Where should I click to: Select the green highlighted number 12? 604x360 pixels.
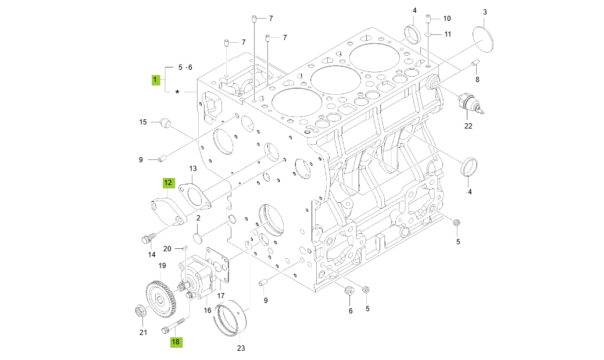(x=167, y=183)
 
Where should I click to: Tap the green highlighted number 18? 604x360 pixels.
(x=176, y=342)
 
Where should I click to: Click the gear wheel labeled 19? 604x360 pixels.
(x=159, y=297)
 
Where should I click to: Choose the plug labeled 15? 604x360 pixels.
(x=165, y=123)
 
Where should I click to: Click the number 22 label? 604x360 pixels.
(x=468, y=126)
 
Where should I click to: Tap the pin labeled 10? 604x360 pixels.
(x=428, y=19)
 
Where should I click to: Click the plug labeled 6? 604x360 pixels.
(x=349, y=291)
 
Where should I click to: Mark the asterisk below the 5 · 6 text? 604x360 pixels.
(x=177, y=92)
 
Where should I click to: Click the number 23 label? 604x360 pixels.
(x=241, y=348)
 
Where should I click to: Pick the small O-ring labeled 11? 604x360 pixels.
(x=428, y=34)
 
